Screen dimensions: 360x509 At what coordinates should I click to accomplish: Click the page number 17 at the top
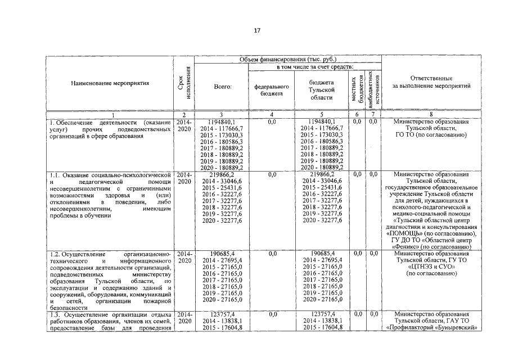[x=256, y=31]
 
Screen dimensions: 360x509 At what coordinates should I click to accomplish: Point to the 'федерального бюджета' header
[x=272, y=91]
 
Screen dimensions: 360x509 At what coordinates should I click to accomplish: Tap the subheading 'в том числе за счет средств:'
[x=314, y=66]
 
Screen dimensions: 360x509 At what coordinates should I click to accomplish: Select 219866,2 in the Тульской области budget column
[x=322, y=175]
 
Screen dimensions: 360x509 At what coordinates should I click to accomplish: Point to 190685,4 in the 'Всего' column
[x=222, y=254]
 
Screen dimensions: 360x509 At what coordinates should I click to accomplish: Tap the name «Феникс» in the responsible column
[x=411, y=247]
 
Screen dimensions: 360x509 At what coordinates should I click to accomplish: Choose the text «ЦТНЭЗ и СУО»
[x=431, y=267]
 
